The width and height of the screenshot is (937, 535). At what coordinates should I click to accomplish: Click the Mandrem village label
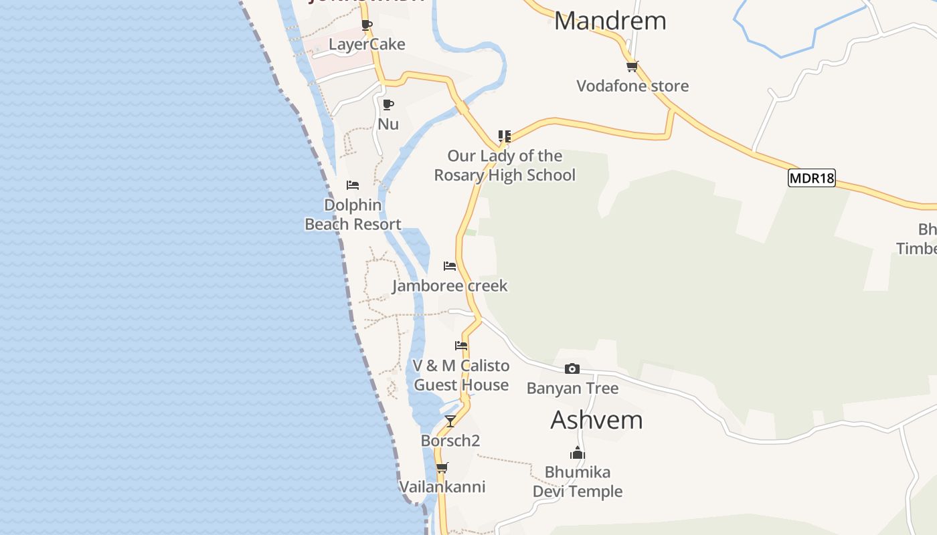(610, 21)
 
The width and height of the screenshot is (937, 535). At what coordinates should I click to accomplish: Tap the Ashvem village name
(596, 420)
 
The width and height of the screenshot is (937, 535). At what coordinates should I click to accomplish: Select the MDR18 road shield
(812, 178)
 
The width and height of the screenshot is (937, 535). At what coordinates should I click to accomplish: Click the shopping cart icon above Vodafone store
(632, 66)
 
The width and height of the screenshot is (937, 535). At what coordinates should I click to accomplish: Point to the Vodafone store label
(632, 86)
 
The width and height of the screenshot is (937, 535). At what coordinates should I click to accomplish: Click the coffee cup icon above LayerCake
(367, 25)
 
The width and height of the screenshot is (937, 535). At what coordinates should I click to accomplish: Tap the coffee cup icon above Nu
(388, 104)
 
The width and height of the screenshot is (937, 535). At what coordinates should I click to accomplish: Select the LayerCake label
(367, 44)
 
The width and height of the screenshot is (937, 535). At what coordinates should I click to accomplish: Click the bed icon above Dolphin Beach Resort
(353, 185)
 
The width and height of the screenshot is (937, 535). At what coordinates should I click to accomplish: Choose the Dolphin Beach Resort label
(353, 215)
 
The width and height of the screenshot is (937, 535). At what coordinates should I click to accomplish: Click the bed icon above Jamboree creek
(450, 266)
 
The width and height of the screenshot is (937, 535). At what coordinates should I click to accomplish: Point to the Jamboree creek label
(450, 286)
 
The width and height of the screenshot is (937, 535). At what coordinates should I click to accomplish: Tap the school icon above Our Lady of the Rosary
(505, 136)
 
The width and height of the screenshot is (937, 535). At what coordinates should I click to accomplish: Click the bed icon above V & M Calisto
(461, 346)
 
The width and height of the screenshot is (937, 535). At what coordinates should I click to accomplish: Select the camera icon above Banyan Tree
(572, 368)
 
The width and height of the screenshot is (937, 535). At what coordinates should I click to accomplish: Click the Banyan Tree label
(572, 388)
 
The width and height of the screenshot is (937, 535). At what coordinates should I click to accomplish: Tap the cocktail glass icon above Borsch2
(450, 421)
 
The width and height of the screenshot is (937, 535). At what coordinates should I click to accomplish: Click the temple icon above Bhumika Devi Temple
(578, 453)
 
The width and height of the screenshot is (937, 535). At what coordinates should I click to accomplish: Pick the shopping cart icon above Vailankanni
(442, 467)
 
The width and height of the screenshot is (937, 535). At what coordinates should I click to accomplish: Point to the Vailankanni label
(442, 487)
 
